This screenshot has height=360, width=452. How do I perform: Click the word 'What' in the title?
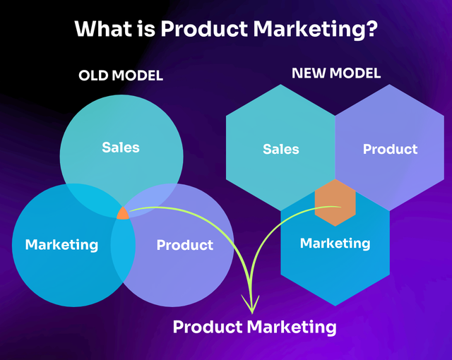pos(103,28)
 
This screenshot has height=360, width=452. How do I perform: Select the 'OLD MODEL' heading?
pos(121,76)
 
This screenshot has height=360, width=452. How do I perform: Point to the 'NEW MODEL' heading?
pos(336,73)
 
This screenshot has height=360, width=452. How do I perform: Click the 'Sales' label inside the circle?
pos(121,147)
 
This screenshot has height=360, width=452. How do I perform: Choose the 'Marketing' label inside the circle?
pos(61,245)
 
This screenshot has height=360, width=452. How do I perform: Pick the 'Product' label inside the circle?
pos(185,245)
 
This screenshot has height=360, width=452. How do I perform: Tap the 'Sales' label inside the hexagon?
pos(281,149)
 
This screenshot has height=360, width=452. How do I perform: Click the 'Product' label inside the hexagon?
pos(390,149)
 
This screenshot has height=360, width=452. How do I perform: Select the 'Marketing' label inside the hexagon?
pos(335,244)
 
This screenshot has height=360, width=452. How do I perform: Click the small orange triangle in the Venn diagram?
pos(123,214)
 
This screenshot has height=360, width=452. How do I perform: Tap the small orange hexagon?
pos(335,203)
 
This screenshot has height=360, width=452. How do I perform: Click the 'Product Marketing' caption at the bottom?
pos(254,327)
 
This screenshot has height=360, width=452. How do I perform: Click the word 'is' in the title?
pos(146,29)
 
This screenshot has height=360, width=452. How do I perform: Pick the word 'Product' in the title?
pos(204,29)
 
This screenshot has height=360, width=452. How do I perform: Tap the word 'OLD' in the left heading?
pos(94,76)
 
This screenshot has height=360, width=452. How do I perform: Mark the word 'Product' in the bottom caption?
pos(208,327)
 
